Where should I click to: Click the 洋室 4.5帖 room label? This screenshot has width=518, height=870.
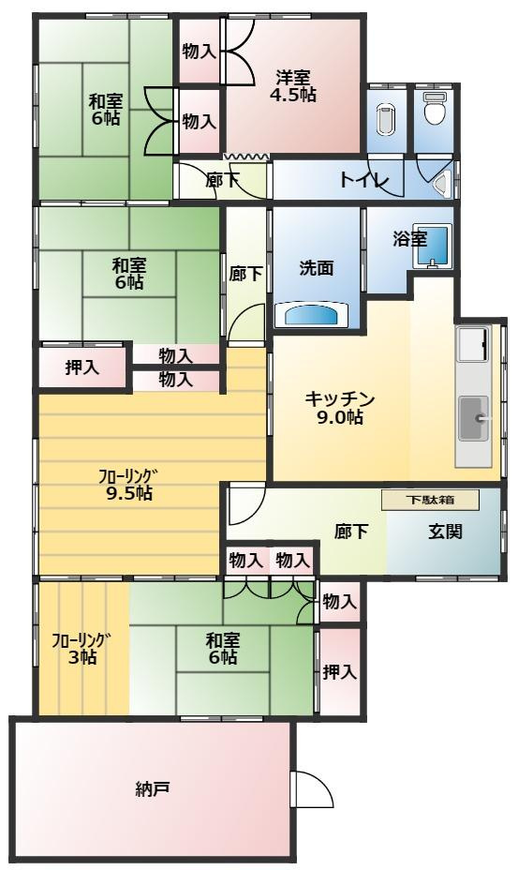[x=293, y=86]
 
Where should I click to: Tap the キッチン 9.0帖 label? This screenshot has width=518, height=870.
[x=340, y=408]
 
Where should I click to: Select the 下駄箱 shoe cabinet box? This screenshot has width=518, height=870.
[x=430, y=500]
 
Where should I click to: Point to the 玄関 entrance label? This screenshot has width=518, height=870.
[x=445, y=532]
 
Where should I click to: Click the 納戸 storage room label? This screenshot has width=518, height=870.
[x=152, y=788]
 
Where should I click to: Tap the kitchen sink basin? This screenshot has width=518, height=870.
[x=473, y=418]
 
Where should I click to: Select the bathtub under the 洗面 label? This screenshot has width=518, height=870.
[x=311, y=315]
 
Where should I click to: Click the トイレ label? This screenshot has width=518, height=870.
[x=363, y=179]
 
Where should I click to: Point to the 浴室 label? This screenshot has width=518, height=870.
[x=410, y=239]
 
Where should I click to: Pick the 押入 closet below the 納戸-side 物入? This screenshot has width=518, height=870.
[x=339, y=672]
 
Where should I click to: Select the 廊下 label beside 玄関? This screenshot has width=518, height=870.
[x=351, y=532]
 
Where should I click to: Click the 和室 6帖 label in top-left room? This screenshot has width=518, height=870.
[x=105, y=110]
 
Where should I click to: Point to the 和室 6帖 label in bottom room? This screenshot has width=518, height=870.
[x=222, y=649]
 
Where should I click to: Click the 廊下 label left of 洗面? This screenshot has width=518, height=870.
[x=245, y=274]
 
